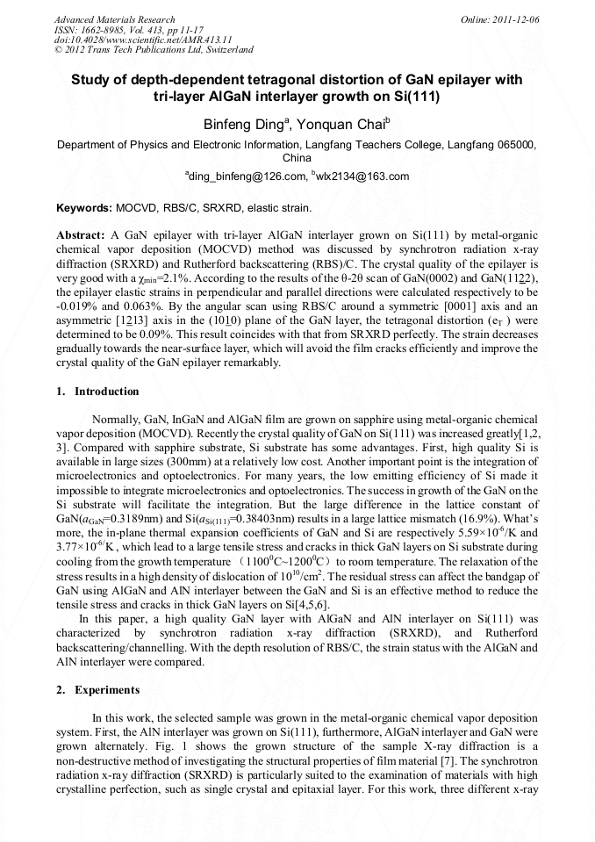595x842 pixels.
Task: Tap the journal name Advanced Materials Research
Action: [x=114, y=19]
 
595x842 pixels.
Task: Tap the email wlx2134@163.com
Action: [x=362, y=176]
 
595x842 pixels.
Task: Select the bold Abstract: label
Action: [x=81, y=237]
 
